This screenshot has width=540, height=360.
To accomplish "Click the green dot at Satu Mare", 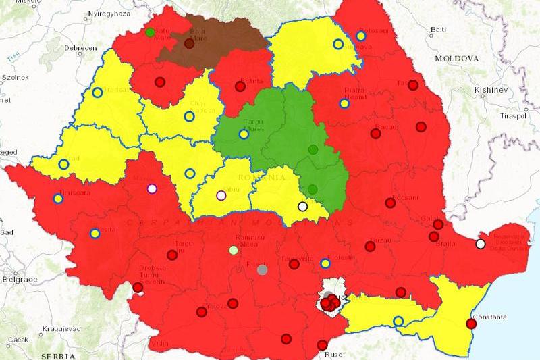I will [150, 32].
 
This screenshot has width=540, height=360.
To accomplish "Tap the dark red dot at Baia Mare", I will [189, 44].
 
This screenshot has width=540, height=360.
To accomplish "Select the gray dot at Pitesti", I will [263, 269].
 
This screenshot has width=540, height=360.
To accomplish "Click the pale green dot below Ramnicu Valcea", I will [234, 250].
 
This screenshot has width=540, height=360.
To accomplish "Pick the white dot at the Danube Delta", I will [480, 244].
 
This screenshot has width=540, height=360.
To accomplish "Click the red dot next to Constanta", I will [472, 324].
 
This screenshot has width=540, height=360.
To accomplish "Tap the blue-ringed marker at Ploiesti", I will [325, 263].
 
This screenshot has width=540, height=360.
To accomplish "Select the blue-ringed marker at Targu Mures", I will [244, 134].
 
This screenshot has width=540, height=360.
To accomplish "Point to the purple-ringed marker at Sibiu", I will [221, 196].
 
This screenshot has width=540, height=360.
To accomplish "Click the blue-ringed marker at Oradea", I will [98, 93].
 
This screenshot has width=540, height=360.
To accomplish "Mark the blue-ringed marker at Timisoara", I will [57, 199].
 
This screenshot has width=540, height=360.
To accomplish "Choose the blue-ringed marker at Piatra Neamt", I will [344, 103].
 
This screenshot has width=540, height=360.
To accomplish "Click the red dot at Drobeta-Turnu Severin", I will [138, 287].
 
